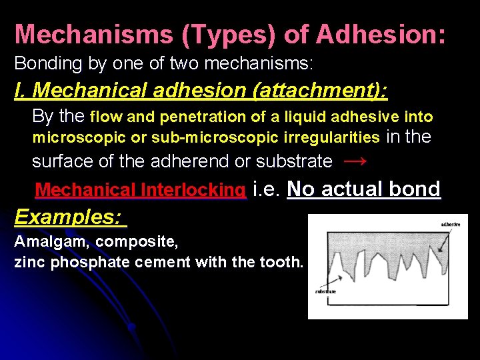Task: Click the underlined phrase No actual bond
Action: click(364, 189)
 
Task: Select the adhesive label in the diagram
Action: click(450, 225)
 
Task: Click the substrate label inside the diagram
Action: click(325, 291)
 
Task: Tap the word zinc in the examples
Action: click(27, 262)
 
